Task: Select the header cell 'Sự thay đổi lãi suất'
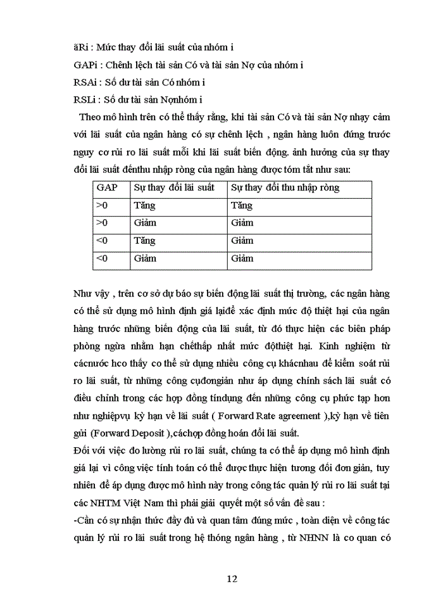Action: [174, 187]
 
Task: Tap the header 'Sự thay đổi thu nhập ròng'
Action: [285, 187]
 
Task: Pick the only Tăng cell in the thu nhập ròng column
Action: [242, 205]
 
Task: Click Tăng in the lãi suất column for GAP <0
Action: [144, 241]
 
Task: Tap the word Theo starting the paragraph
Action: [90, 117]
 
